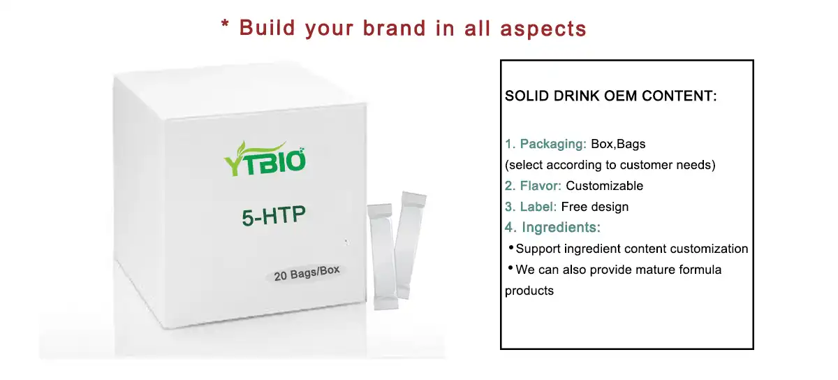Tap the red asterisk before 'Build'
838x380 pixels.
(x=226, y=27)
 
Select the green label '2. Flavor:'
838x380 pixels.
(x=534, y=186)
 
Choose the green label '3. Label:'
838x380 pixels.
(x=531, y=207)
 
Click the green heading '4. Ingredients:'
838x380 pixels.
(x=552, y=228)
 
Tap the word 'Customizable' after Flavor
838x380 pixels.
(x=604, y=186)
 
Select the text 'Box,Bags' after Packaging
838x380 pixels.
(x=618, y=145)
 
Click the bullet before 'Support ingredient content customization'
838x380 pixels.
(x=510, y=248)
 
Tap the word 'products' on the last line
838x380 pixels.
(x=529, y=291)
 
